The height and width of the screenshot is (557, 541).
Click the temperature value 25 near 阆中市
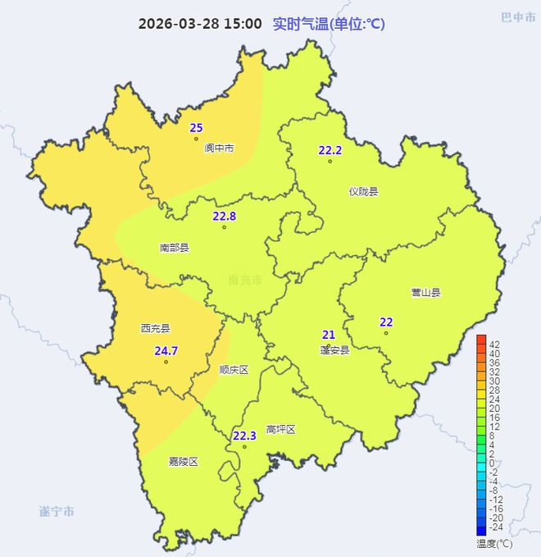click(x=196, y=127)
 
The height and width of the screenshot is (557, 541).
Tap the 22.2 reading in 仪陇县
click(x=330, y=150)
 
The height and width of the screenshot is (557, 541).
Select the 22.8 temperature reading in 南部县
click(x=224, y=217)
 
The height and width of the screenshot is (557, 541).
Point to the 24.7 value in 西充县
click(x=166, y=351)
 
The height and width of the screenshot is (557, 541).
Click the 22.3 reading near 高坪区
click(x=244, y=436)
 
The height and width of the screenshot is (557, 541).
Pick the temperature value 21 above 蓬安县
click(x=329, y=335)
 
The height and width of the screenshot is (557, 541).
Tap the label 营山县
click(x=425, y=292)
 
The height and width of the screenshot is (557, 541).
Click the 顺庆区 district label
click(x=234, y=370)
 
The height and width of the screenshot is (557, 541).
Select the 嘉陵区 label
click(x=183, y=462)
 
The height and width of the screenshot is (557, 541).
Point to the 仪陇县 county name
click(x=363, y=192)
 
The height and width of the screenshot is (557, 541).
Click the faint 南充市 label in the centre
click(x=245, y=281)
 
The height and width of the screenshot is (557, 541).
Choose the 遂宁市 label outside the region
click(x=57, y=511)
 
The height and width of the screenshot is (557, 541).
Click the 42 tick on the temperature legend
click(x=495, y=345)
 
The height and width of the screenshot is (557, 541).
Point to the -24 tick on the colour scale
click(x=495, y=527)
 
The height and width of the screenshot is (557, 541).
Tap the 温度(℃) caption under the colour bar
click(x=494, y=543)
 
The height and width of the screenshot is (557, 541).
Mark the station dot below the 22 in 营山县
click(x=386, y=332)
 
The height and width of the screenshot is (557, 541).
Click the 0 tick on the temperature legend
click(x=492, y=463)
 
